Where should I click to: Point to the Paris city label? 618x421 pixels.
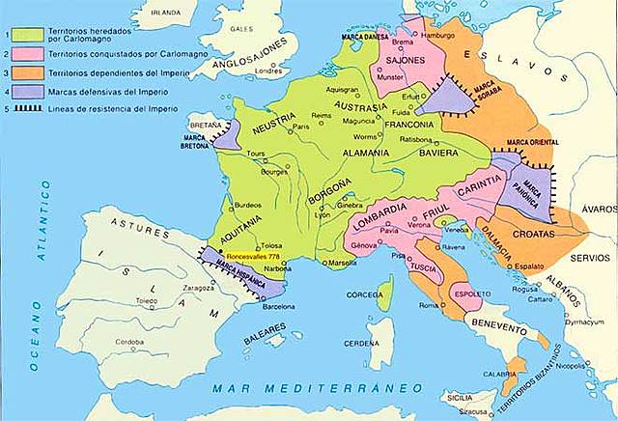point(301,126)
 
